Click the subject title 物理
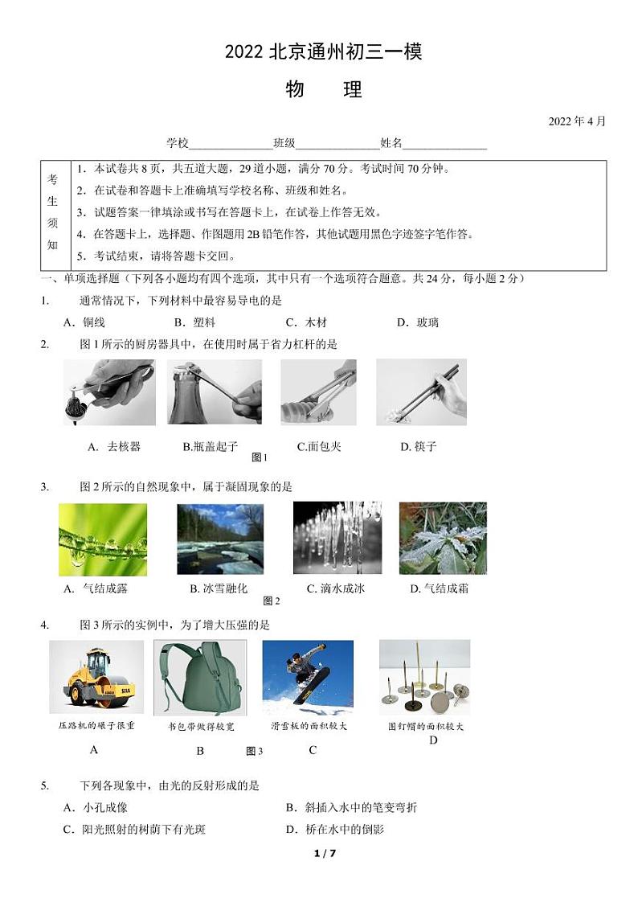click(x=323, y=89)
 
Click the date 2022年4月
click(x=576, y=121)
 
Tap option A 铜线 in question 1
click(x=84, y=322)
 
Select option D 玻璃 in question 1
click(x=418, y=322)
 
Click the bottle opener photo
click(x=215, y=392)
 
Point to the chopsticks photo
click(x=421, y=392)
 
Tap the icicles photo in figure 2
click(x=337, y=538)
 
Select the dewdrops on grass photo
click(x=103, y=539)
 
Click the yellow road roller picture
click(x=96, y=677)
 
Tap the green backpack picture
click(x=200, y=678)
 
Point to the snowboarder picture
click(x=308, y=677)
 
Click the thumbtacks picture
click(x=424, y=677)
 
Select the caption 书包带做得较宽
click(x=201, y=726)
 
